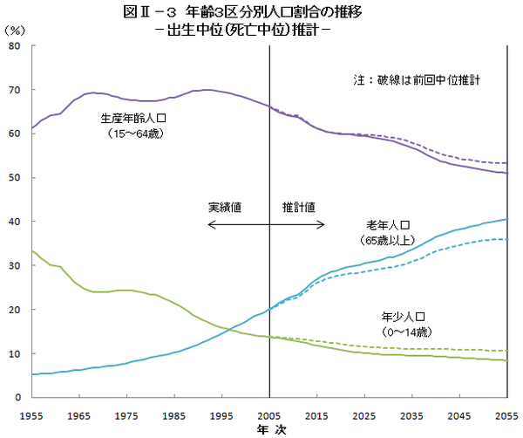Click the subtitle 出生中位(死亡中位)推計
point(261,29)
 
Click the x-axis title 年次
point(269,429)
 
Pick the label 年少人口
point(401,317)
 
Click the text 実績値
point(225,208)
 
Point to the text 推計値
point(298,208)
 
